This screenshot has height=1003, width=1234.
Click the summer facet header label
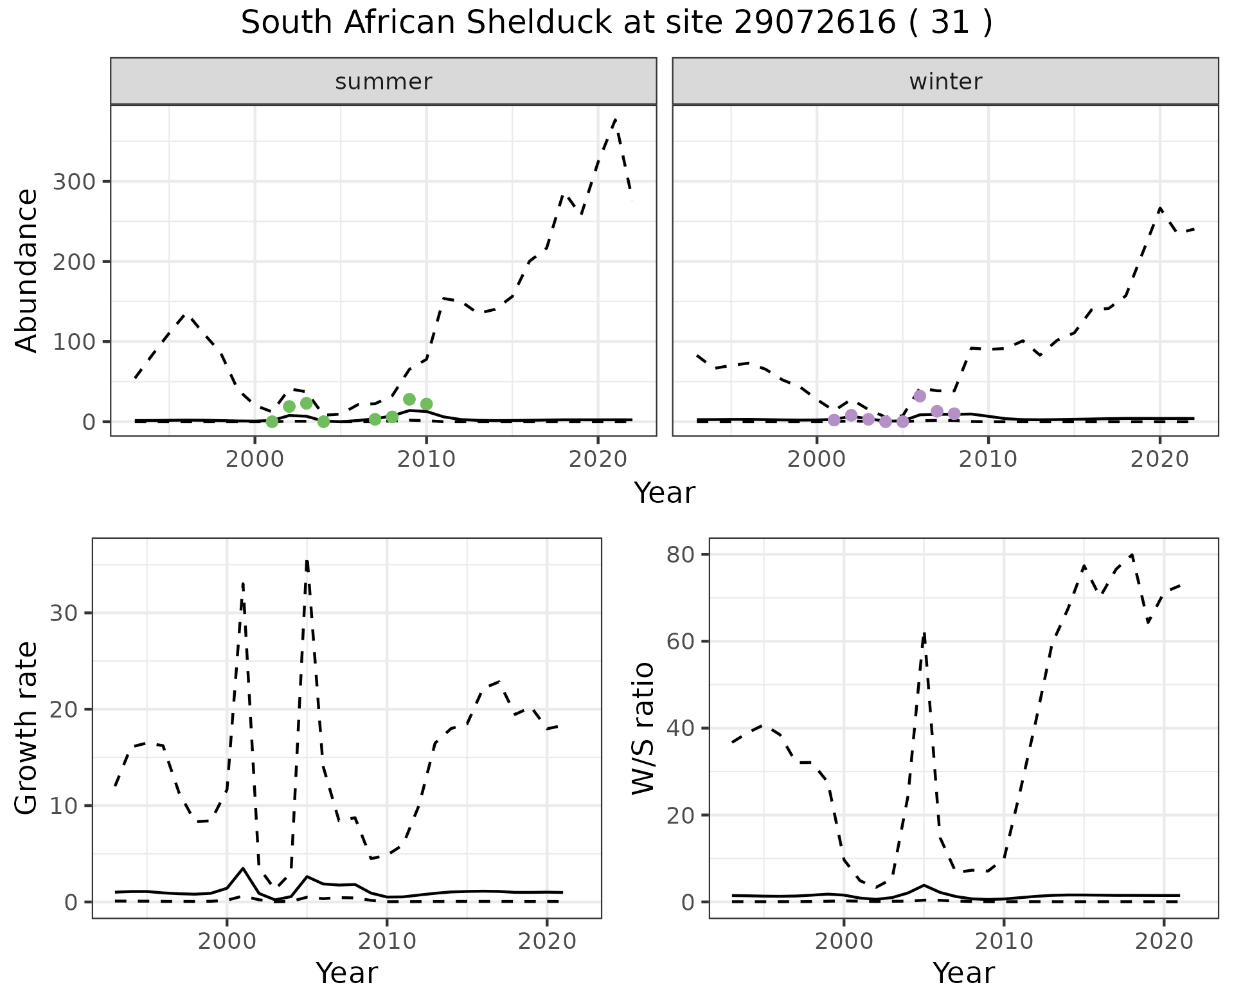pyautogui.click(x=384, y=82)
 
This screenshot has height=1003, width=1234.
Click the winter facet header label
pyautogui.click(x=945, y=82)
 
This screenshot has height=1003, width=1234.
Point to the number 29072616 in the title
pyautogui.click(x=814, y=23)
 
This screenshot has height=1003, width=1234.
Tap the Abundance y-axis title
pyautogui.click(x=27, y=271)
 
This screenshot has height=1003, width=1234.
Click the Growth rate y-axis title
pyautogui.click(x=27, y=728)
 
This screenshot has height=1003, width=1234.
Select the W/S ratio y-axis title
pyautogui.click(x=643, y=728)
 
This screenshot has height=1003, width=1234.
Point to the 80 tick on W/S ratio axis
pyautogui.click(x=679, y=554)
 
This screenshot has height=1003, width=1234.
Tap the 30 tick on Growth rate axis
pyautogui.click(x=62, y=613)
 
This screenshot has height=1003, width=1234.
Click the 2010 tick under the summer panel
pyautogui.click(x=425, y=459)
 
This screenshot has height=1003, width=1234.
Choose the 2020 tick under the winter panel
pyautogui.click(x=1159, y=459)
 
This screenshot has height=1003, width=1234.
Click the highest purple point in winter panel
pyautogui.click(x=920, y=396)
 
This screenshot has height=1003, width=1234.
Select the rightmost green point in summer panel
pyautogui.click(x=426, y=404)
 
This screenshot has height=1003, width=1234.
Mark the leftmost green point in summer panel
pyautogui.click(x=272, y=422)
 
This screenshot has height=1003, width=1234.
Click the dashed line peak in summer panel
pyautogui.click(x=615, y=120)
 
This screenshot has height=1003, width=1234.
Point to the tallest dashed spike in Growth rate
pyautogui.click(x=307, y=561)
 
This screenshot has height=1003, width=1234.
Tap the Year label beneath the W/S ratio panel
pyautogui.click(x=963, y=973)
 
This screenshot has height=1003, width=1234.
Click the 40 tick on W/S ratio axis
pyautogui.click(x=679, y=728)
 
